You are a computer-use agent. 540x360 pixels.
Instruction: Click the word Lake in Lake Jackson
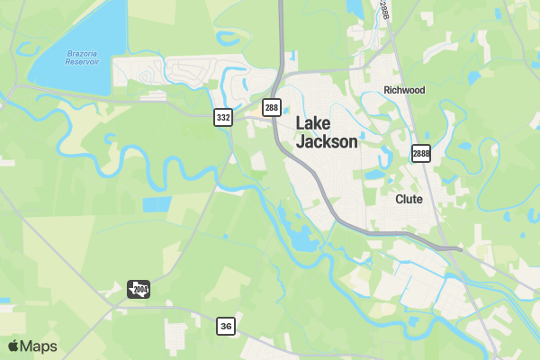click(x=313, y=123)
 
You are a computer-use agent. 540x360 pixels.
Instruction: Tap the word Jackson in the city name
click(x=327, y=141)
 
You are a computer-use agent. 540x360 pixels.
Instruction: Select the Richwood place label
click(x=404, y=90)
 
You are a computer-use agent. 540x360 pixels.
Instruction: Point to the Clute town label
click(x=409, y=199)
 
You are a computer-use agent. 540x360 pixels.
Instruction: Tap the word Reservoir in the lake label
click(x=82, y=63)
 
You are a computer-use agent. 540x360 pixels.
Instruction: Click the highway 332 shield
click(x=223, y=117)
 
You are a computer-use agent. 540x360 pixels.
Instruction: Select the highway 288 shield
click(x=272, y=108)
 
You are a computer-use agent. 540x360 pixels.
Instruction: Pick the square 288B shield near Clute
click(x=421, y=153)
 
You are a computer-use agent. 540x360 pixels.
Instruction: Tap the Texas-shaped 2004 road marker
click(x=139, y=289)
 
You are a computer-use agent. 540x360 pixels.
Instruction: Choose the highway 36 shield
click(x=226, y=326)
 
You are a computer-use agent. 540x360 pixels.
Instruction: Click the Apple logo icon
click(x=13, y=346)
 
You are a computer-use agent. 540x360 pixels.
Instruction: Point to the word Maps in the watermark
click(x=39, y=346)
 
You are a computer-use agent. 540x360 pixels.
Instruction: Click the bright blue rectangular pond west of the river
click(x=156, y=204)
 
